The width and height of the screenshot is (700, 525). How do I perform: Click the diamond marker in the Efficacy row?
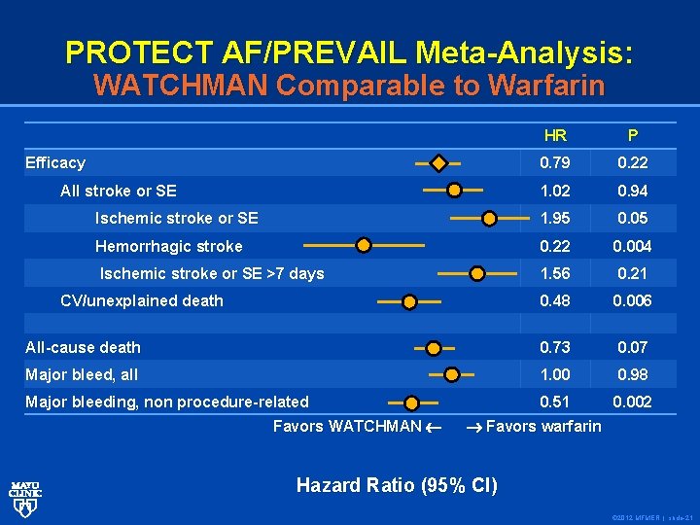pos(439,162)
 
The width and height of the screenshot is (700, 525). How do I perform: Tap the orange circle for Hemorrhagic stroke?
pos(363,245)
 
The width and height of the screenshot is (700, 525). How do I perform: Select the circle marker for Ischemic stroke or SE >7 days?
pos(476,274)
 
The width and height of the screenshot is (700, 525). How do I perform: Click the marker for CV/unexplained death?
pos(409,302)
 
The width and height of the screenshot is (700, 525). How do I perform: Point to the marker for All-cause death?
pos(434,347)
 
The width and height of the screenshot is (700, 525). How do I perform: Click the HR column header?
pos(556,136)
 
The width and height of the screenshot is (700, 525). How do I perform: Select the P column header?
pos(633,136)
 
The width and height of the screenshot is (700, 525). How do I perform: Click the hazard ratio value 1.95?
pos(556,219)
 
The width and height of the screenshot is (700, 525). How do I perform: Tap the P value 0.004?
pos(633,247)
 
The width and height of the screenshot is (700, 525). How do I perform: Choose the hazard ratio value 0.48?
pos(556,301)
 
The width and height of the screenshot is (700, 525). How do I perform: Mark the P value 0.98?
pos(633,375)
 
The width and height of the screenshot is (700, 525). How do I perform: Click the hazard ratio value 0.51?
pos(556,402)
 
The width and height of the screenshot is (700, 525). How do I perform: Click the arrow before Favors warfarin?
pos(473,427)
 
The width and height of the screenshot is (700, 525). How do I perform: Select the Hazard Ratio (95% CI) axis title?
pos(397,485)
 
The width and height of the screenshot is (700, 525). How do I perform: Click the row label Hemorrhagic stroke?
pos(168,247)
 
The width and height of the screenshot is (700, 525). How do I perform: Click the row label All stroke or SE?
pos(119,192)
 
